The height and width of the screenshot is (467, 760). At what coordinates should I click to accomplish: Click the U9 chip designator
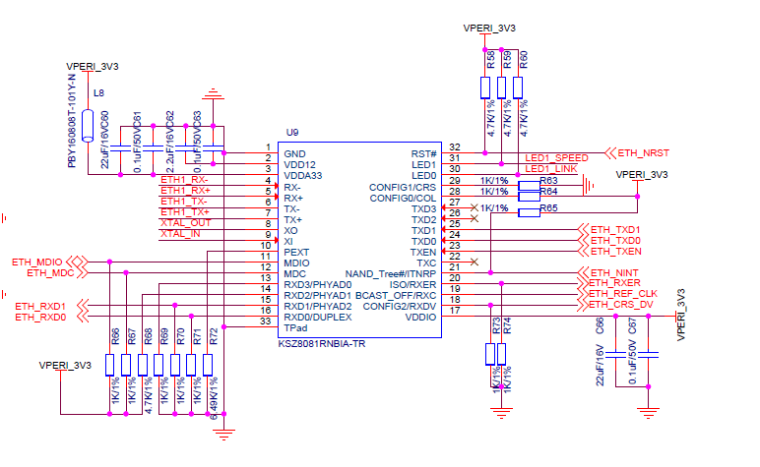pos(291,132)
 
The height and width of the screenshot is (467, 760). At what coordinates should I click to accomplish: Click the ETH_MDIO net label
pos(36,262)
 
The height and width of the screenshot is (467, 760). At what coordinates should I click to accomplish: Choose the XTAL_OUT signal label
pos(185,222)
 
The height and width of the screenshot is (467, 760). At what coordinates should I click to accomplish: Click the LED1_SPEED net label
pos(557,157)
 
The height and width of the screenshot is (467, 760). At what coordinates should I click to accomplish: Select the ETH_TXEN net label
pos(615,252)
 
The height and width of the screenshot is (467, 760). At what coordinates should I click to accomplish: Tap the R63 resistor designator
pos(548,181)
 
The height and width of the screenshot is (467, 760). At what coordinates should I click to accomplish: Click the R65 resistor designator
pos(548,208)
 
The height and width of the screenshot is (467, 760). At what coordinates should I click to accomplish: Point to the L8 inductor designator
pos(97,93)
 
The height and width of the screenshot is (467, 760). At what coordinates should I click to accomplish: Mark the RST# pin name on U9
pos(423,153)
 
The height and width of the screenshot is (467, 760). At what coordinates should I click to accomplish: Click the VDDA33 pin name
pos(305,176)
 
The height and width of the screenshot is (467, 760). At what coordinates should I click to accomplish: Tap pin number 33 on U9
pos(266,321)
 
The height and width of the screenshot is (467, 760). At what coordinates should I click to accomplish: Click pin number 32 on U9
pos(454,146)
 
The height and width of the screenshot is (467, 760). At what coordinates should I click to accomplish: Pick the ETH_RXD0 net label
pos(40,318)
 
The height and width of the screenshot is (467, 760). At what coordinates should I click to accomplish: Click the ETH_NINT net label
pos(615,271)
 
